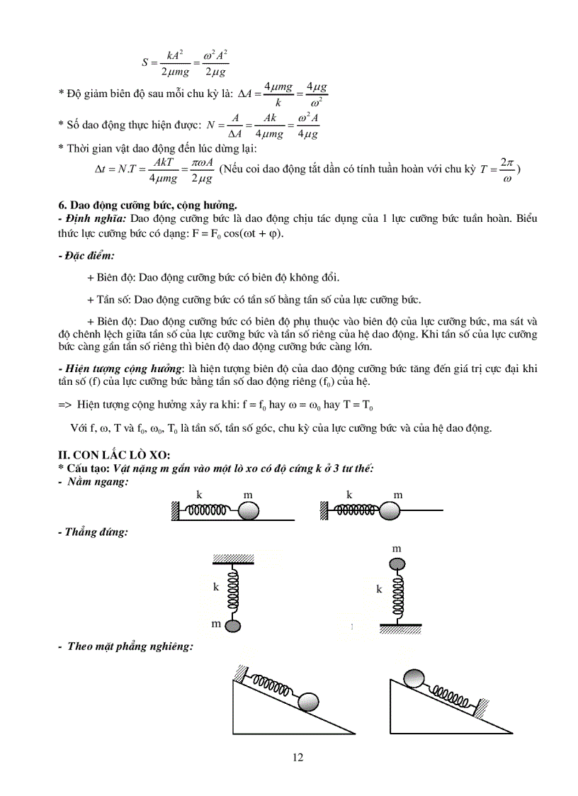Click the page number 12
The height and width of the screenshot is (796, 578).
click(x=297, y=758)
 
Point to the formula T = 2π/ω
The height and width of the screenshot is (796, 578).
click(x=497, y=170)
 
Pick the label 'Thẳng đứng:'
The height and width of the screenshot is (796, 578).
click(x=94, y=532)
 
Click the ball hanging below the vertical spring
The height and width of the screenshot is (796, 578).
click(x=234, y=625)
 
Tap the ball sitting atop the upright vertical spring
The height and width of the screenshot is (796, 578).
click(x=397, y=564)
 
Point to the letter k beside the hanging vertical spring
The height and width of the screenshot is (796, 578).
click(x=216, y=587)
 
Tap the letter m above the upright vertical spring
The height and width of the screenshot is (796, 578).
click(x=397, y=549)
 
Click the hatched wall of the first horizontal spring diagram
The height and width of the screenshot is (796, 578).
click(x=175, y=510)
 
